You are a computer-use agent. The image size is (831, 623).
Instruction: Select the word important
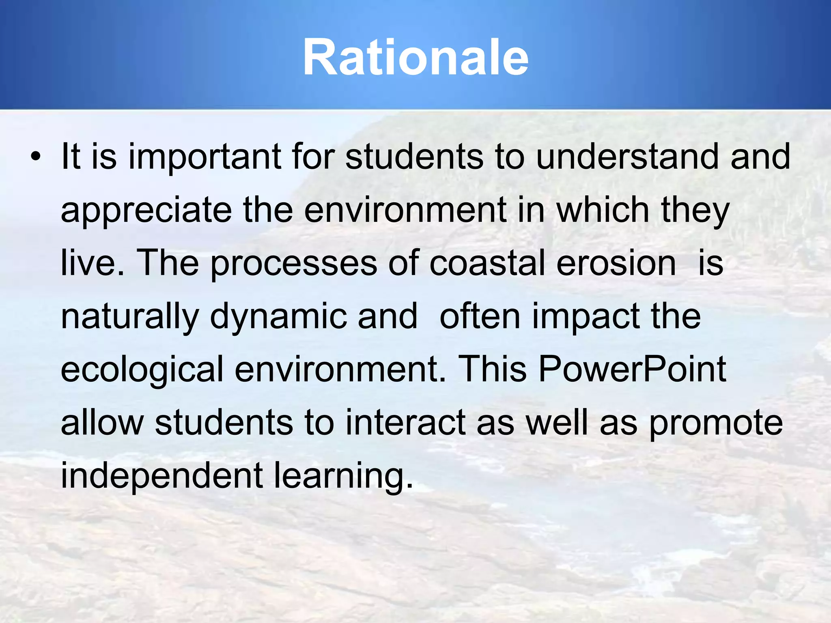pos(205,157)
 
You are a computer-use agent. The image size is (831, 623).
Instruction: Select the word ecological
pos(142,370)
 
